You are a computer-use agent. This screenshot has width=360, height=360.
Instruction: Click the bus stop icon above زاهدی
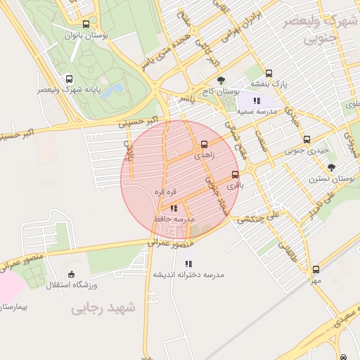pyautogui.click(x=205, y=143)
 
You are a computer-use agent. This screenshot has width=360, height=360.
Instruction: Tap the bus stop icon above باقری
pyautogui.click(x=235, y=174)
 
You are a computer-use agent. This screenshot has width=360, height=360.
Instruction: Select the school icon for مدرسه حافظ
pyautogui.click(x=174, y=209)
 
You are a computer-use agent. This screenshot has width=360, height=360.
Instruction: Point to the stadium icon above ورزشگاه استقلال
pyautogui.click(x=70, y=274)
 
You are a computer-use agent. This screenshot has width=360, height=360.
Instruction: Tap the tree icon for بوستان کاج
pyautogui.click(x=221, y=80)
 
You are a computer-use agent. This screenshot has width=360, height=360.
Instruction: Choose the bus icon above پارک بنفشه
pyautogui.click(x=269, y=72)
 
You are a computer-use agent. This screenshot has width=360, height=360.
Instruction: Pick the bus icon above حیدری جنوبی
pyautogui.click(x=307, y=139)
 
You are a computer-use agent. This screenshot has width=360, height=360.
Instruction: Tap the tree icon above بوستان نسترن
pyautogui.click(x=331, y=167)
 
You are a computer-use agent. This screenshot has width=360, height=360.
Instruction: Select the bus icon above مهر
pyautogui.click(x=316, y=269)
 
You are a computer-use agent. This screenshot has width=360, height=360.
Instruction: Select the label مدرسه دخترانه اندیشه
pyautogui.click(x=188, y=275)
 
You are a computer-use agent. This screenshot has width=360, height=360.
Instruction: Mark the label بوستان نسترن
pyautogui.click(x=330, y=179)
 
